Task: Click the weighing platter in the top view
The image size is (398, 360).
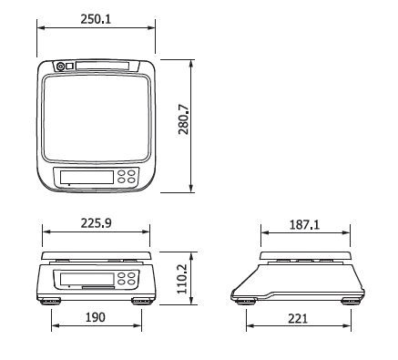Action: coord(97,118)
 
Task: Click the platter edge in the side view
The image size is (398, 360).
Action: coord(304,255)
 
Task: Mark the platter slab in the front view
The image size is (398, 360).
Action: coord(97,254)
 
